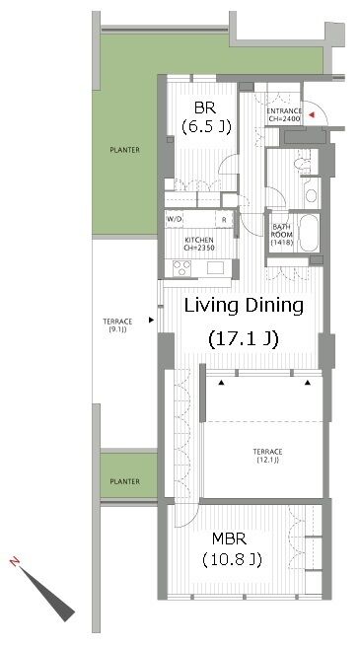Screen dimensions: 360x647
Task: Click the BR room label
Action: (x=205, y=108)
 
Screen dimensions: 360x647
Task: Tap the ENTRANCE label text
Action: (x=284, y=111)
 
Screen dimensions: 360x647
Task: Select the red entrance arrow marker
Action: (x=312, y=115)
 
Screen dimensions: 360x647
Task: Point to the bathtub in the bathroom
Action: (x=309, y=233)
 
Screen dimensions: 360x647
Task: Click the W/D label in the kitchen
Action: (x=174, y=219)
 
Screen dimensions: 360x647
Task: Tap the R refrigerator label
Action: (x=224, y=220)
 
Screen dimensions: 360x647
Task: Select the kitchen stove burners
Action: (x=182, y=268)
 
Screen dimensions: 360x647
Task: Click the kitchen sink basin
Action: (x=215, y=268)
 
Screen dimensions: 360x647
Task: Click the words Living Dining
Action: (x=244, y=306)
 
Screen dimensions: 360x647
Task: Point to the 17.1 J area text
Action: (x=244, y=338)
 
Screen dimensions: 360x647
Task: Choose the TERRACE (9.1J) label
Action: (x=117, y=325)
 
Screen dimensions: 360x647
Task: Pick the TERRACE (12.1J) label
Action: (x=268, y=456)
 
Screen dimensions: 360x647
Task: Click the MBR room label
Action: (x=229, y=539)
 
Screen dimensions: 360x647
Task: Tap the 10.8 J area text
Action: (x=232, y=560)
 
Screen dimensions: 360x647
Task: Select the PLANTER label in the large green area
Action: (x=124, y=150)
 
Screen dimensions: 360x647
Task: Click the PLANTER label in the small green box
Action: (x=124, y=481)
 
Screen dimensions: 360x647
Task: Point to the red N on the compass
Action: (x=15, y=561)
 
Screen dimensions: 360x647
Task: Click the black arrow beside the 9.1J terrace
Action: (x=152, y=320)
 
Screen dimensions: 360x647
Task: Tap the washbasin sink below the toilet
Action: (x=311, y=195)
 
